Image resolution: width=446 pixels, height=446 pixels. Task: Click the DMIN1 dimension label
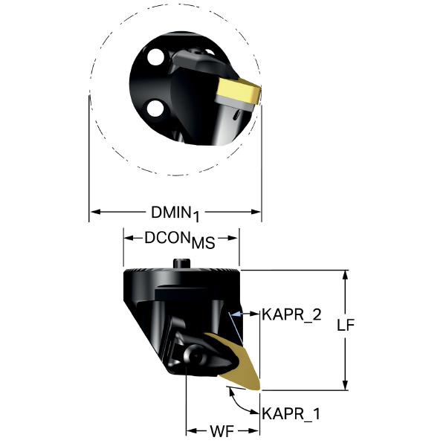(x=175, y=213)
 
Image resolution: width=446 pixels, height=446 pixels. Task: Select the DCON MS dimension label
(x=180, y=240)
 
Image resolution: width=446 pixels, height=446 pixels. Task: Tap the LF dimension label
(x=346, y=325)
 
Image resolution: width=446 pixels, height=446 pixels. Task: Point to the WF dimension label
(x=222, y=431)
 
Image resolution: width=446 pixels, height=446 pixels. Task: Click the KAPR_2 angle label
(x=291, y=315)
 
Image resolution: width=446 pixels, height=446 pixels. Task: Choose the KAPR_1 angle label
(x=291, y=414)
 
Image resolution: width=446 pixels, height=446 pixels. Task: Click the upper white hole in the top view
(x=155, y=57)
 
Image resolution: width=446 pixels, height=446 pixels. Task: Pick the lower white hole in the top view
(x=155, y=108)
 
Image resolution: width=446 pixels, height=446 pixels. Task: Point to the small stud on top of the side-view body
(x=182, y=263)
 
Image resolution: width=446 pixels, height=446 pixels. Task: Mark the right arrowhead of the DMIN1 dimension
(x=256, y=212)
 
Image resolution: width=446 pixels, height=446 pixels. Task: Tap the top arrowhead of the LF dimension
(x=346, y=275)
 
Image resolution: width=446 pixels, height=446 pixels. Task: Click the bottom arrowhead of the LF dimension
(x=346, y=385)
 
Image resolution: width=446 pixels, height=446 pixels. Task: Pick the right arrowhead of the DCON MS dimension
(x=233, y=239)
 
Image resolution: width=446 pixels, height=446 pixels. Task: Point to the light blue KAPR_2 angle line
(x=236, y=329)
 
